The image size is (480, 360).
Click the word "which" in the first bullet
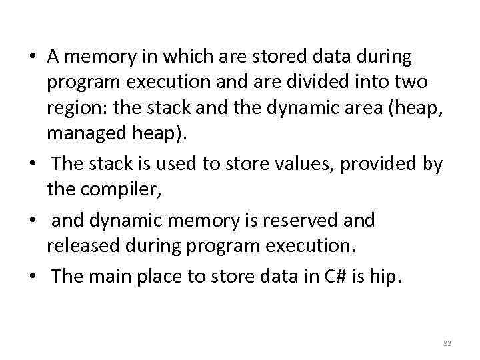tap(166, 57)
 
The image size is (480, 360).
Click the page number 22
tap(447, 343)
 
